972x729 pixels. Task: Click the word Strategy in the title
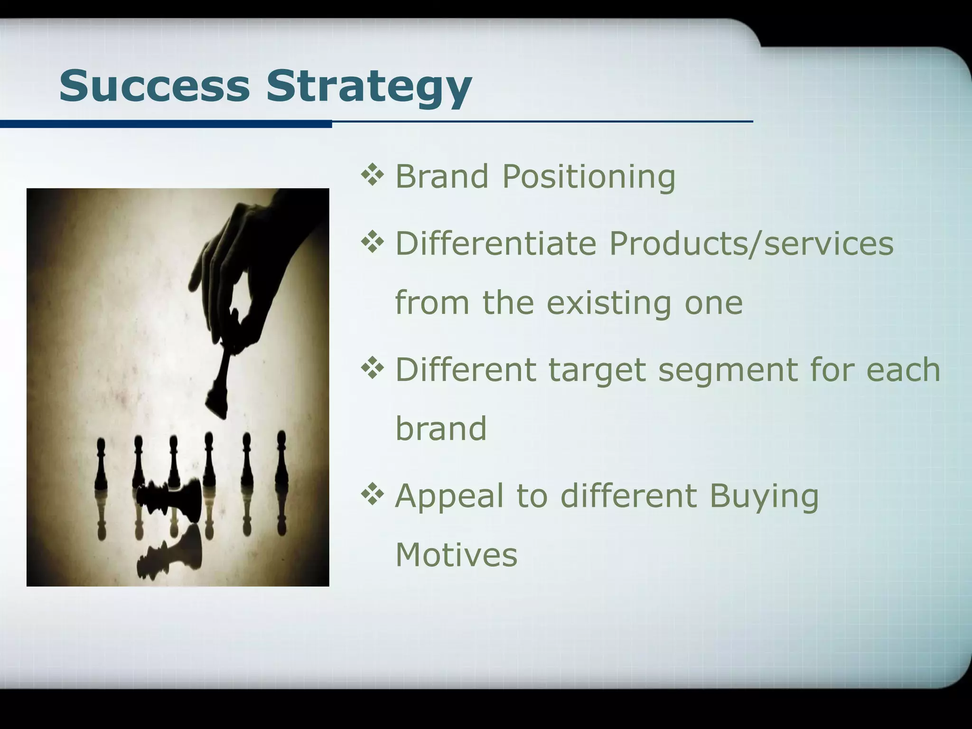[x=369, y=88]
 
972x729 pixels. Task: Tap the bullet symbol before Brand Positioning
[x=372, y=175]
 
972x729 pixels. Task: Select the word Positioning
[x=589, y=177]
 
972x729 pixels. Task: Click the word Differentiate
[x=495, y=243]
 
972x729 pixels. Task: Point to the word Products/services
[x=751, y=243]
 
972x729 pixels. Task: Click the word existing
[x=609, y=303]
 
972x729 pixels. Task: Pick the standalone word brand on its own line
[x=441, y=428]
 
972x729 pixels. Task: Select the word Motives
[x=456, y=554]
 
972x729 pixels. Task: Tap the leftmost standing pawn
[x=101, y=465]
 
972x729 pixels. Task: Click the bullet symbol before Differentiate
[x=372, y=243]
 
